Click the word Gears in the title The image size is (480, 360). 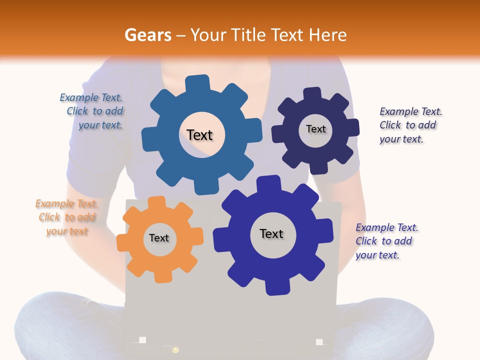click(147, 35)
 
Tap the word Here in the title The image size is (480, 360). click(327, 35)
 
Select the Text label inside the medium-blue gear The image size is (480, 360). click(199, 135)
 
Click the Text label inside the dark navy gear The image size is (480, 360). click(315, 129)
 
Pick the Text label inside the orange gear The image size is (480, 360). click(159, 238)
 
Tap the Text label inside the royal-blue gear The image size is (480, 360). click(271, 233)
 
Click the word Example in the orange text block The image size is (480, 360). click(54, 203)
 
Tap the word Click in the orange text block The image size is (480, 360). click(49, 217)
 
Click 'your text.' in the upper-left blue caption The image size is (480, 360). click(100, 125)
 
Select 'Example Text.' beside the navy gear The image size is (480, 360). click(411, 111)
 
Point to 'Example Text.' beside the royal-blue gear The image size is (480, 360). click(387, 227)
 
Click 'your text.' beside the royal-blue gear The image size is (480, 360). click(377, 255)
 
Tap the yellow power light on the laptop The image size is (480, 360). click(175, 349)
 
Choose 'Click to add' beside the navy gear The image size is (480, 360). click(407, 125)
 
